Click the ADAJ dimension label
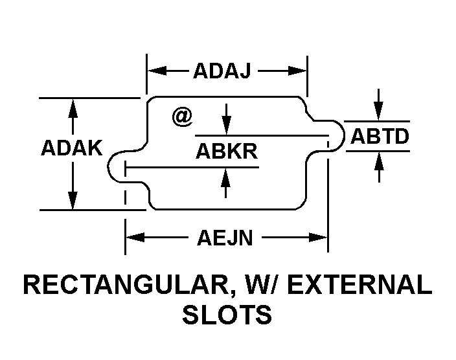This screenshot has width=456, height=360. coord(222,71)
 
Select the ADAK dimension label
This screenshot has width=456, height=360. coord(72,148)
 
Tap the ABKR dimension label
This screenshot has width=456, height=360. coord(227,152)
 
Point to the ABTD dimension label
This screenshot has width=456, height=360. coord(380,136)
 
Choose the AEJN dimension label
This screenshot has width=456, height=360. coord(225,238)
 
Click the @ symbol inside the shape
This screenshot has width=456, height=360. coord(183,117)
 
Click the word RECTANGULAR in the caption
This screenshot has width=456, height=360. coord(126,285)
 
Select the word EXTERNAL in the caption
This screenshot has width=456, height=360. coord(359,285)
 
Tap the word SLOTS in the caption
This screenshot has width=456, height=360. coord(227,315)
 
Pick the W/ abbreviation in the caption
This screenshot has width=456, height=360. coord(263,285)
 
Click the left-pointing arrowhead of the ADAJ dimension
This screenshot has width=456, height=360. coord(157,71)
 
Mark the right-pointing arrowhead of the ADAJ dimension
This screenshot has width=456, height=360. coord(297,71)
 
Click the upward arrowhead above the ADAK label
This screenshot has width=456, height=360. coord(73,108)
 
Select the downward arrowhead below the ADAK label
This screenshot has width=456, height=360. coord(73,200)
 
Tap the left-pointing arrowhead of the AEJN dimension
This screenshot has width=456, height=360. coord(135,237)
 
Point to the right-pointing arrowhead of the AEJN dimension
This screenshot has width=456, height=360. coord(318,237)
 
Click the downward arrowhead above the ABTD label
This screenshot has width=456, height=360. coord(378,111)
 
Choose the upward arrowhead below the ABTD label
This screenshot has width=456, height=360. coord(379,161)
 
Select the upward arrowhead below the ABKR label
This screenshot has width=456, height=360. coord(225,177)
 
